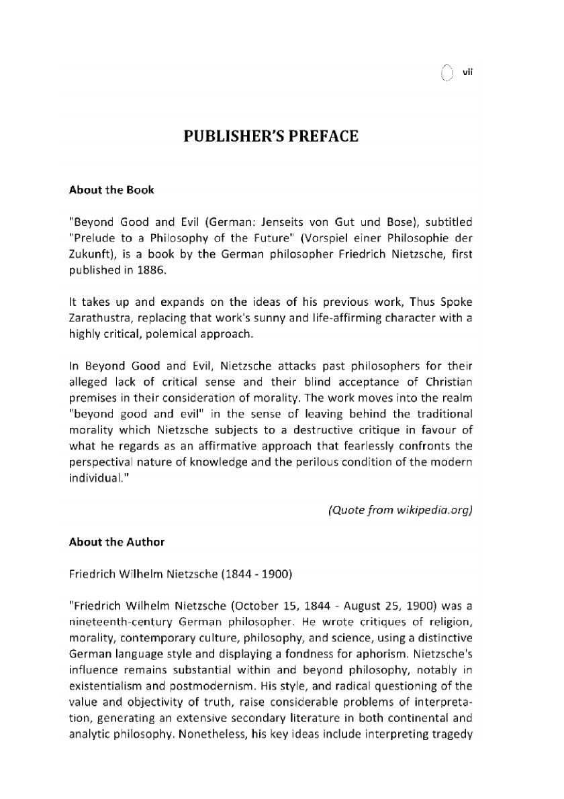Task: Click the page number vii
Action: coord(469,73)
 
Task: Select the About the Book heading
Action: coord(111,190)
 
